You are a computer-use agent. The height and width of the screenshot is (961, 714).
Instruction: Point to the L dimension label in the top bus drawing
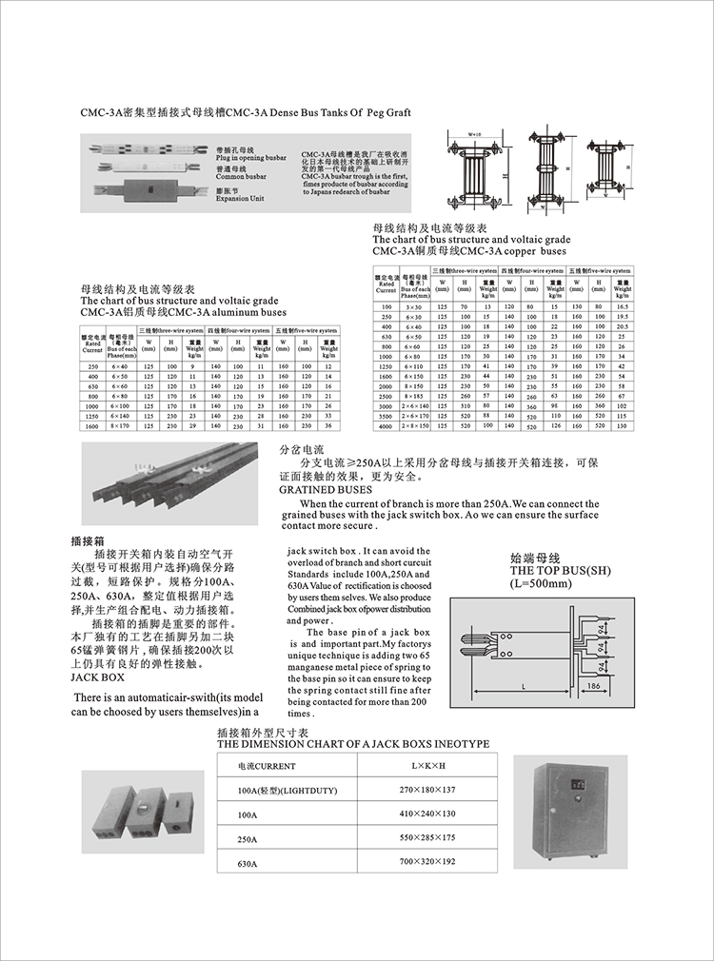tap(525, 685)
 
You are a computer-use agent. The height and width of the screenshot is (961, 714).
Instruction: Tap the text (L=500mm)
tap(540, 582)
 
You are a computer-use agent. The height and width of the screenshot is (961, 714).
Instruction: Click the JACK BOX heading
tap(98, 677)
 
